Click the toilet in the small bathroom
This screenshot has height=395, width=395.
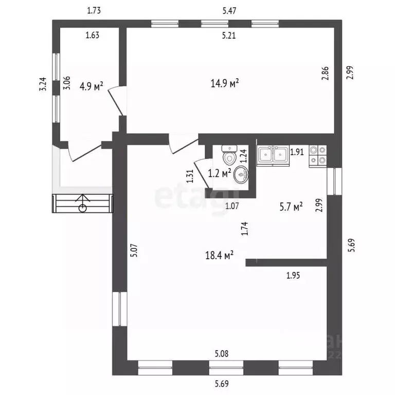point(229,154)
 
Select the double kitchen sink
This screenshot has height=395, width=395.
point(273,155)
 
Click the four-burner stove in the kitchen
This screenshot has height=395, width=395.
point(318,156)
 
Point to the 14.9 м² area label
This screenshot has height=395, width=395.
point(225,83)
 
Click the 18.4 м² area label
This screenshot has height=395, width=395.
point(219,255)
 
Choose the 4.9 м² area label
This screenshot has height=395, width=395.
point(91,86)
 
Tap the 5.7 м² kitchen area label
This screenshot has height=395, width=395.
point(291,207)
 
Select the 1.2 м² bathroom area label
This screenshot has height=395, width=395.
point(220,173)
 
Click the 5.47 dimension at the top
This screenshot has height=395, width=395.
point(229,11)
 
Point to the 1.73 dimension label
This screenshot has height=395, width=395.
point(94,11)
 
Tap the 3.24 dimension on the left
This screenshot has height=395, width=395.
point(43,84)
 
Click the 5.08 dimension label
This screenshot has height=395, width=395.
point(222,354)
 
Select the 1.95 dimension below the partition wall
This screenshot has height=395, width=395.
point(293,275)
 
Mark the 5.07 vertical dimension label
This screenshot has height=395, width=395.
point(134,250)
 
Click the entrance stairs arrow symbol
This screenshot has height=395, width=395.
point(83,203)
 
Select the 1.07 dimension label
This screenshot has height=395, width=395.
point(232,206)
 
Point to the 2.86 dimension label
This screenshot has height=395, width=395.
point(325,74)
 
